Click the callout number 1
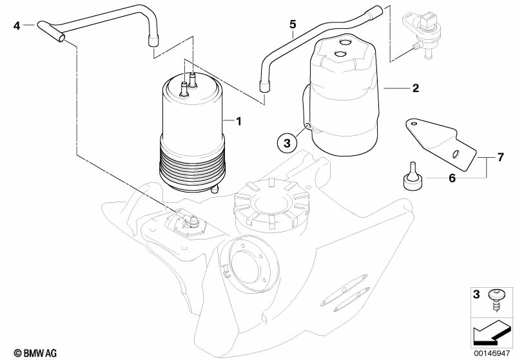pyautogui.click(x=238, y=122)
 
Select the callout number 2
pyautogui.click(x=416, y=88)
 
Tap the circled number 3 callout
pyautogui.click(x=287, y=144)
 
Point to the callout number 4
pyautogui.click(x=17, y=25)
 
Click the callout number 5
pyautogui.click(x=293, y=24)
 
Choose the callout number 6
pyautogui.click(x=452, y=178)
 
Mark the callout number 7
pyautogui.click(x=500, y=157)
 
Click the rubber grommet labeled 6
pyautogui.click(x=413, y=176)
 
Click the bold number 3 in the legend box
pyautogui.click(x=476, y=294)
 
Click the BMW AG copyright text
pyautogui.click(x=35, y=353)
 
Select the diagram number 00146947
pyautogui.click(x=491, y=353)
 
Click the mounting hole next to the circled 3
pyautogui.click(x=307, y=126)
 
